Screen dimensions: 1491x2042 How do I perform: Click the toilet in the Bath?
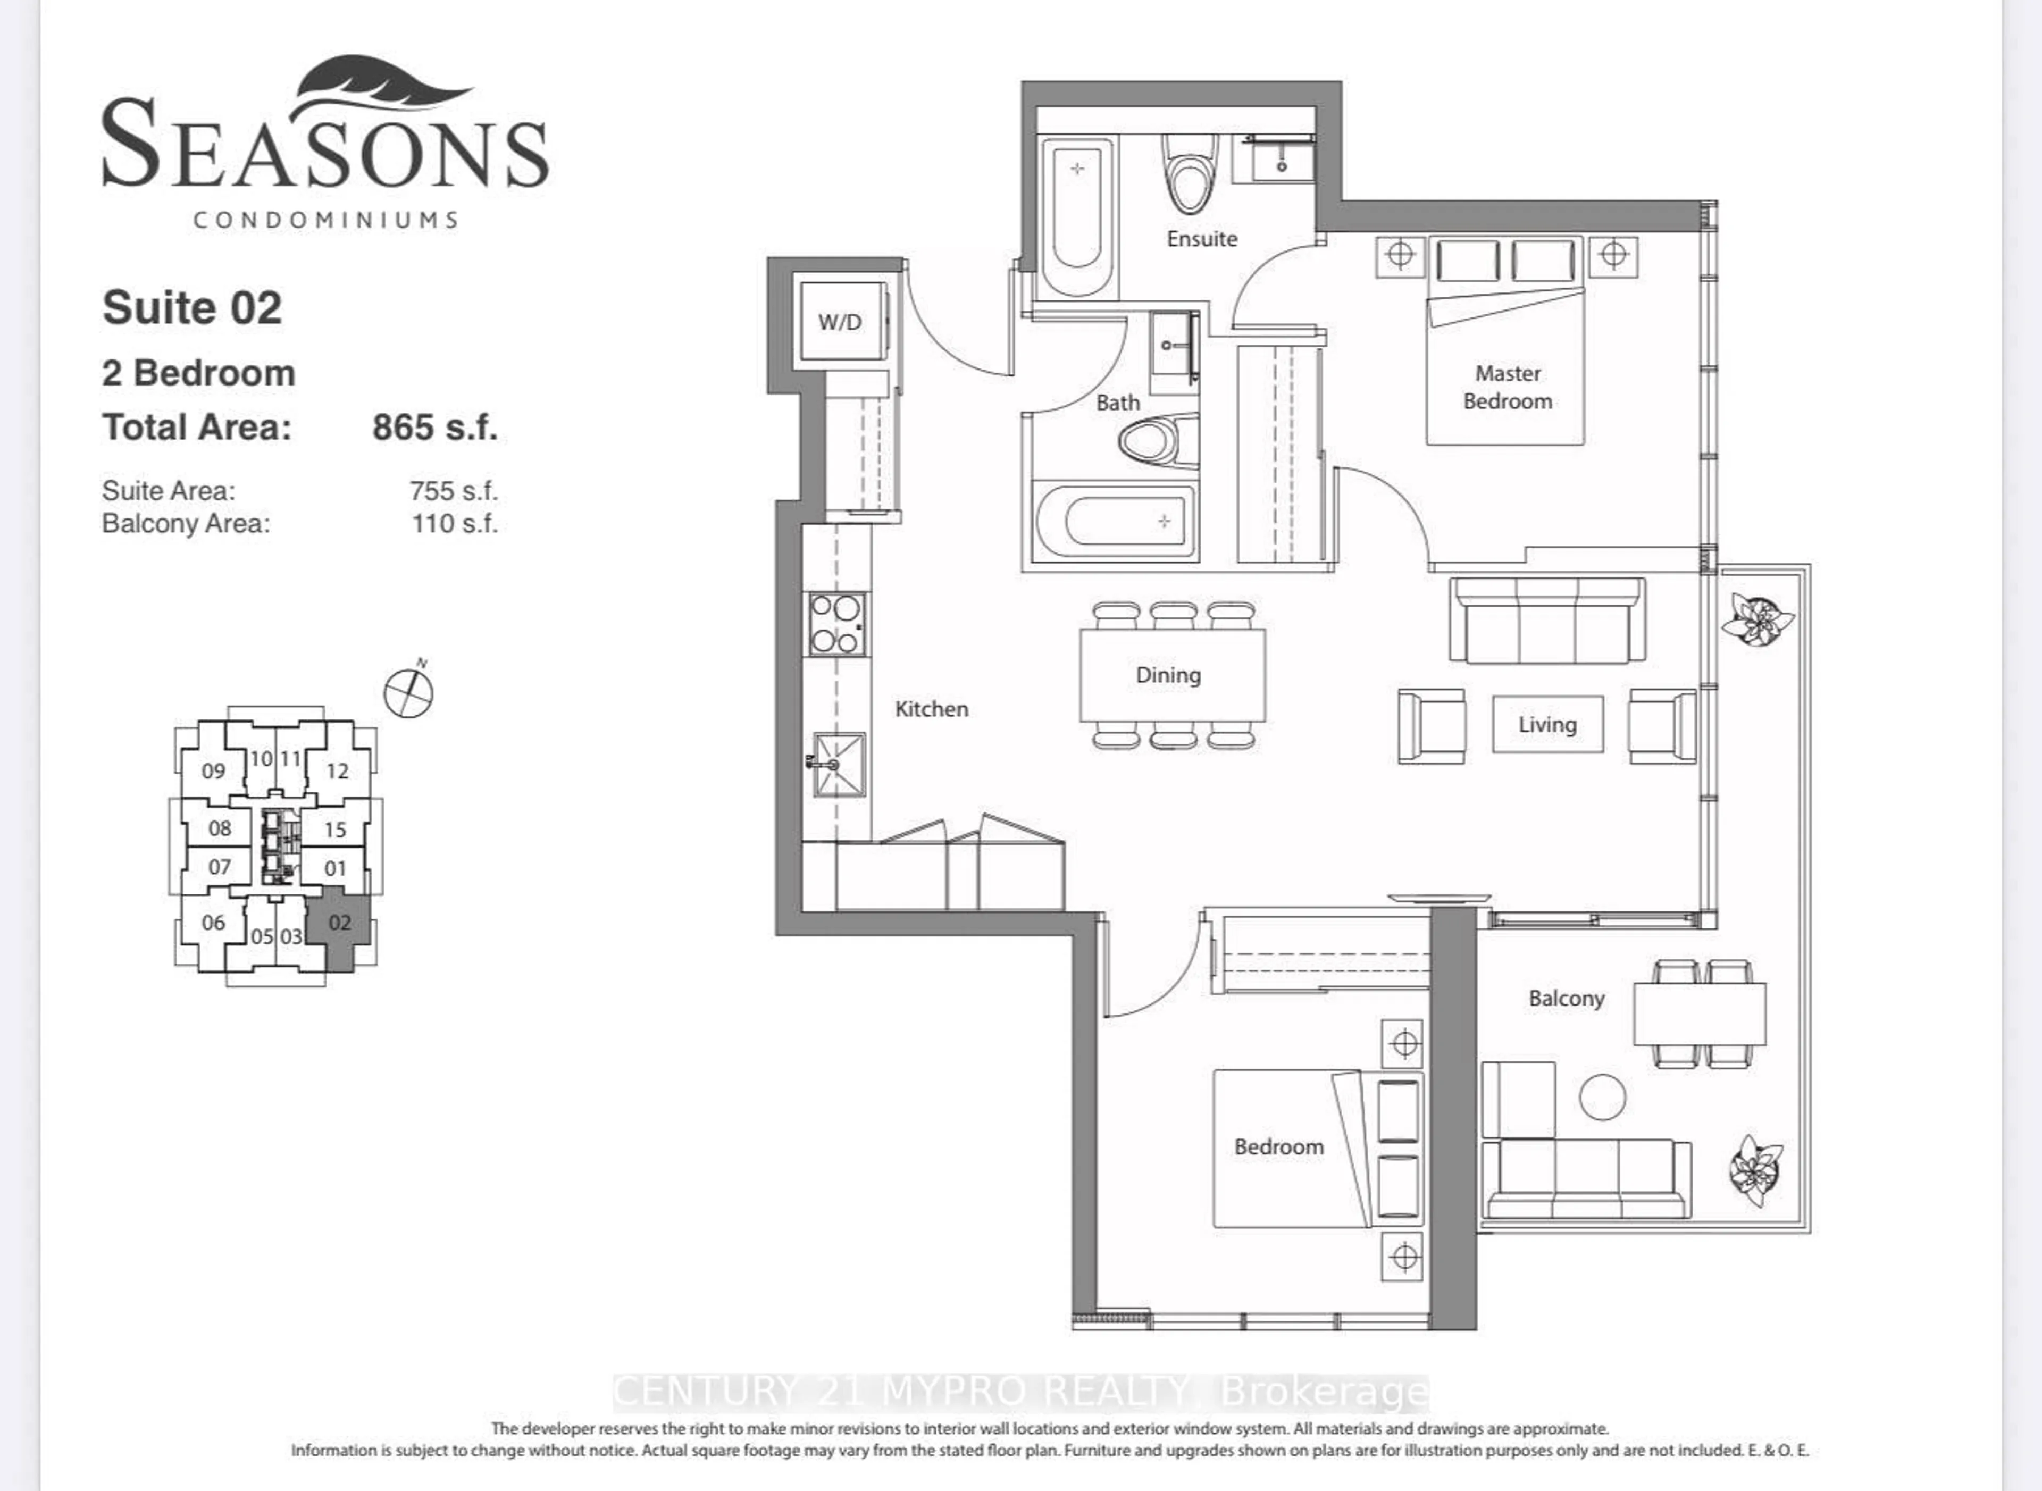click(x=1158, y=440)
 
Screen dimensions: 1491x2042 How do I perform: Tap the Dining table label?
click(x=1168, y=675)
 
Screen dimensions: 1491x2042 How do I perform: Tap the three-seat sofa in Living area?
click(x=1546, y=621)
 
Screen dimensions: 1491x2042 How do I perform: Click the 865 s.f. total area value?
click(x=435, y=427)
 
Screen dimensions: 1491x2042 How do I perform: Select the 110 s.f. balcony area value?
click(x=454, y=523)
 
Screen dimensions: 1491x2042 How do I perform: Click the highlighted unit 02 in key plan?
click(x=339, y=923)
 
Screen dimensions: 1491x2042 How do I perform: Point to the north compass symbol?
click(x=409, y=692)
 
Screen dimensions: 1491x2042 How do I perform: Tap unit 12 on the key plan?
click(x=337, y=771)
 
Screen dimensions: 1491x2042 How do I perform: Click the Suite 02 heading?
click(x=192, y=308)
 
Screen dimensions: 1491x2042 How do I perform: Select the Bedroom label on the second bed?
click(x=1278, y=1146)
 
